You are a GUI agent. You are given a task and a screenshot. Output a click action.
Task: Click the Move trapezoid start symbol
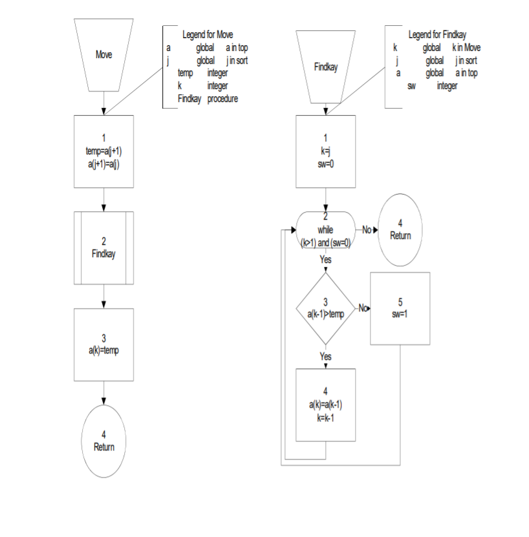pyautogui.click(x=103, y=54)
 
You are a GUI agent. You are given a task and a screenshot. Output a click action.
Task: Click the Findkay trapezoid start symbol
pyautogui.click(x=325, y=67)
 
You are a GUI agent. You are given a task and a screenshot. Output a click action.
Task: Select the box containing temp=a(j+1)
pyautogui.click(x=103, y=151)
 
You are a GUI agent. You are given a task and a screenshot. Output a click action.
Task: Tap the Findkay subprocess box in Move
pyautogui.click(x=103, y=247)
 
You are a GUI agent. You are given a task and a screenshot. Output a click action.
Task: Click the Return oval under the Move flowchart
pyautogui.click(x=103, y=441)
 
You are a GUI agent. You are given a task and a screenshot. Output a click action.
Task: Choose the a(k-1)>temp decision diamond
pyautogui.click(x=325, y=308)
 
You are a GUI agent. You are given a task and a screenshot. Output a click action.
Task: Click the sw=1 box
pyautogui.click(x=400, y=308)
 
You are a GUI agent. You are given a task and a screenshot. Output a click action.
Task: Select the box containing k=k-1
pyautogui.click(x=325, y=405)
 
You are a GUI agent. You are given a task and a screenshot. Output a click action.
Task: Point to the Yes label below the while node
pyautogui.click(x=325, y=259)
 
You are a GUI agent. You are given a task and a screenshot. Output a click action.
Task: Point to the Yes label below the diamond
pyautogui.click(x=325, y=356)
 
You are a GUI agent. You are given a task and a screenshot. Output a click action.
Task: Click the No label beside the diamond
pyautogui.click(x=363, y=308)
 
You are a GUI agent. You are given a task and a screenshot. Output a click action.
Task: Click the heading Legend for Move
pyautogui.click(x=208, y=35)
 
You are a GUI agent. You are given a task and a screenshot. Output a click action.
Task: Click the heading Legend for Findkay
pyautogui.click(x=437, y=35)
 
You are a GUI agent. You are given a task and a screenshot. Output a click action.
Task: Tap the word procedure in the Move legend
pyautogui.click(x=223, y=99)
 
